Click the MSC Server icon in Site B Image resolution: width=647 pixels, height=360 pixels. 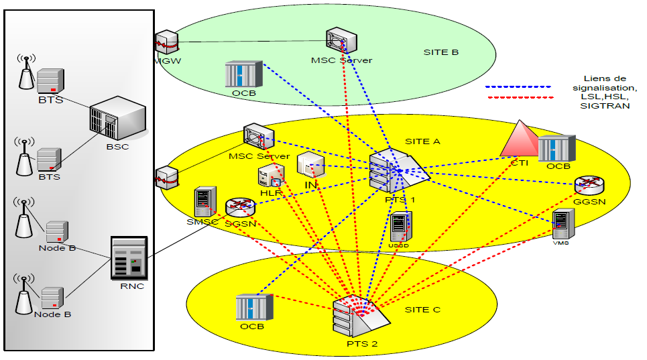point(339,41)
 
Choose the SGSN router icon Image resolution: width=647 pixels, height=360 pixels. point(239,207)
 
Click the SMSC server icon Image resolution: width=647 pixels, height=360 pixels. point(203,202)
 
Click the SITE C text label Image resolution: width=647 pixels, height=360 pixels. point(422,310)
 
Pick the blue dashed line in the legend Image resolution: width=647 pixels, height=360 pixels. point(518,87)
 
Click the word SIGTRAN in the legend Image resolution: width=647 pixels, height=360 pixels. point(605,106)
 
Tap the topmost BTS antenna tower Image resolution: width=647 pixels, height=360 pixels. point(25,72)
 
